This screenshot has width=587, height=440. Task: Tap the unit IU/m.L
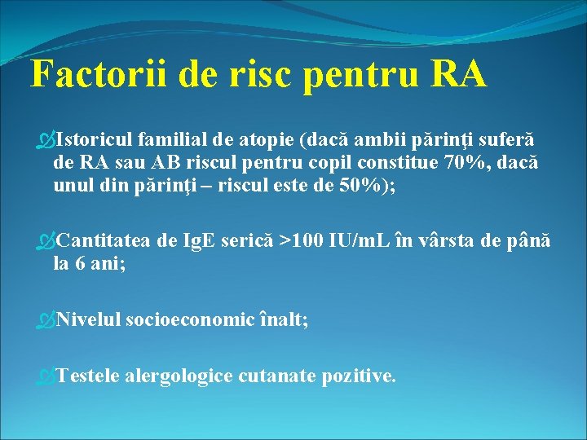click(x=361, y=241)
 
